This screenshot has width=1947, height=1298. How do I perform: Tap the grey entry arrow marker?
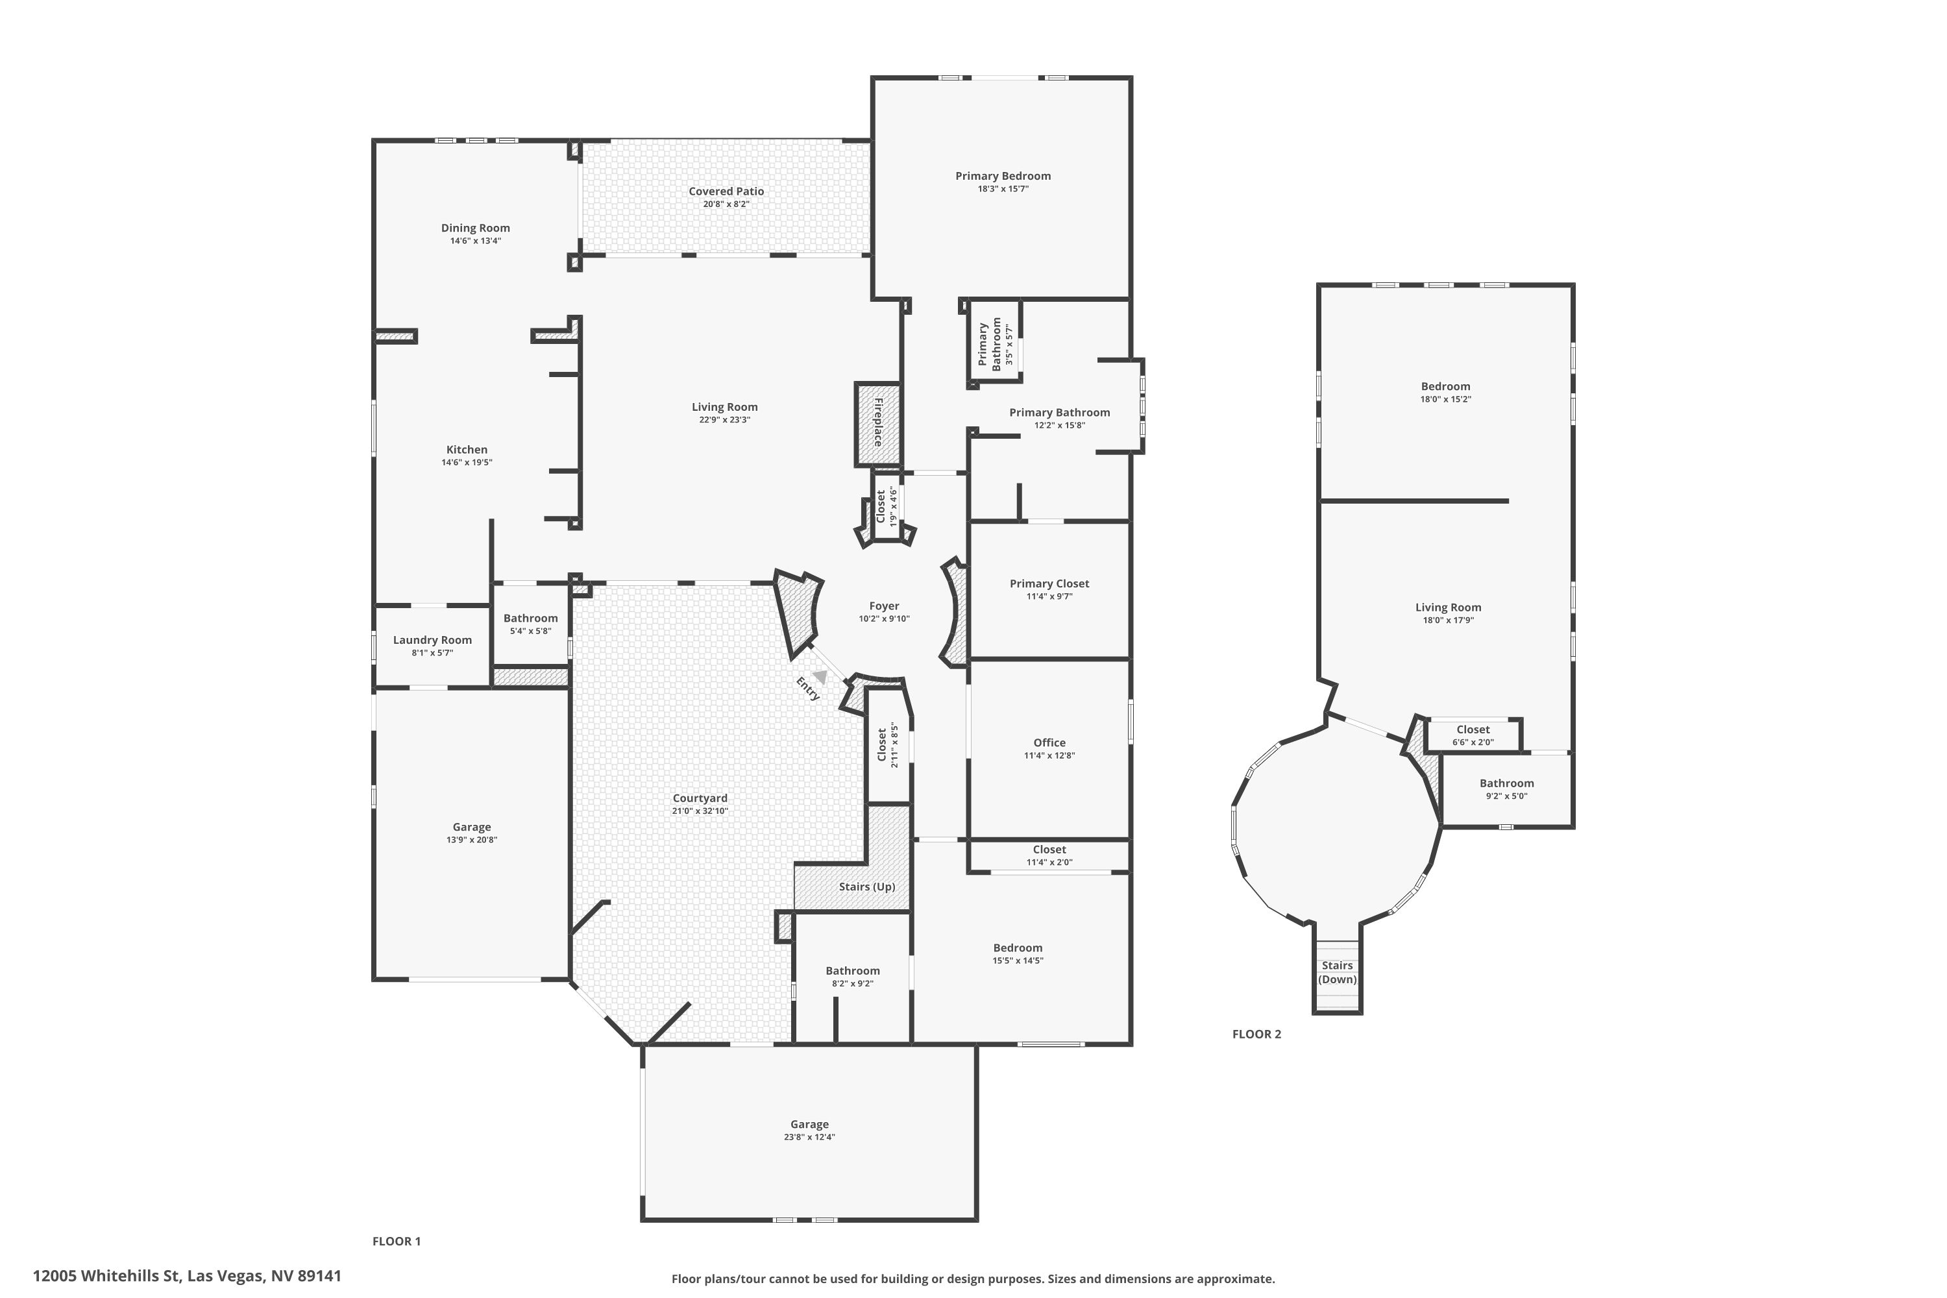(x=820, y=676)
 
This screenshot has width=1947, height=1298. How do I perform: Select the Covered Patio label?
(x=726, y=191)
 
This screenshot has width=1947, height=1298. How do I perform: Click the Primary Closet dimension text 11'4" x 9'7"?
(x=1049, y=596)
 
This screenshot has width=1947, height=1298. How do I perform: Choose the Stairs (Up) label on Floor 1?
(x=866, y=887)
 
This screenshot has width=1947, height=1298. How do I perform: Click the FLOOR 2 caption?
(x=1256, y=1034)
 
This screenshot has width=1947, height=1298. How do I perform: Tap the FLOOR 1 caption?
(x=397, y=1241)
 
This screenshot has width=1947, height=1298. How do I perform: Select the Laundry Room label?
(x=432, y=640)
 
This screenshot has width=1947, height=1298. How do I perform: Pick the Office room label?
(x=1049, y=742)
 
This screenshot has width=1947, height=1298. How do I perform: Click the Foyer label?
(x=883, y=606)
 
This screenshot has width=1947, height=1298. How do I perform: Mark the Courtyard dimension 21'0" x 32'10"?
(x=700, y=811)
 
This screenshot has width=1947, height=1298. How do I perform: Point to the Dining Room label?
(x=475, y=228)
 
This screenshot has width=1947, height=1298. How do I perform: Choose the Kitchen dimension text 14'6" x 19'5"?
(x=466, y=463)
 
